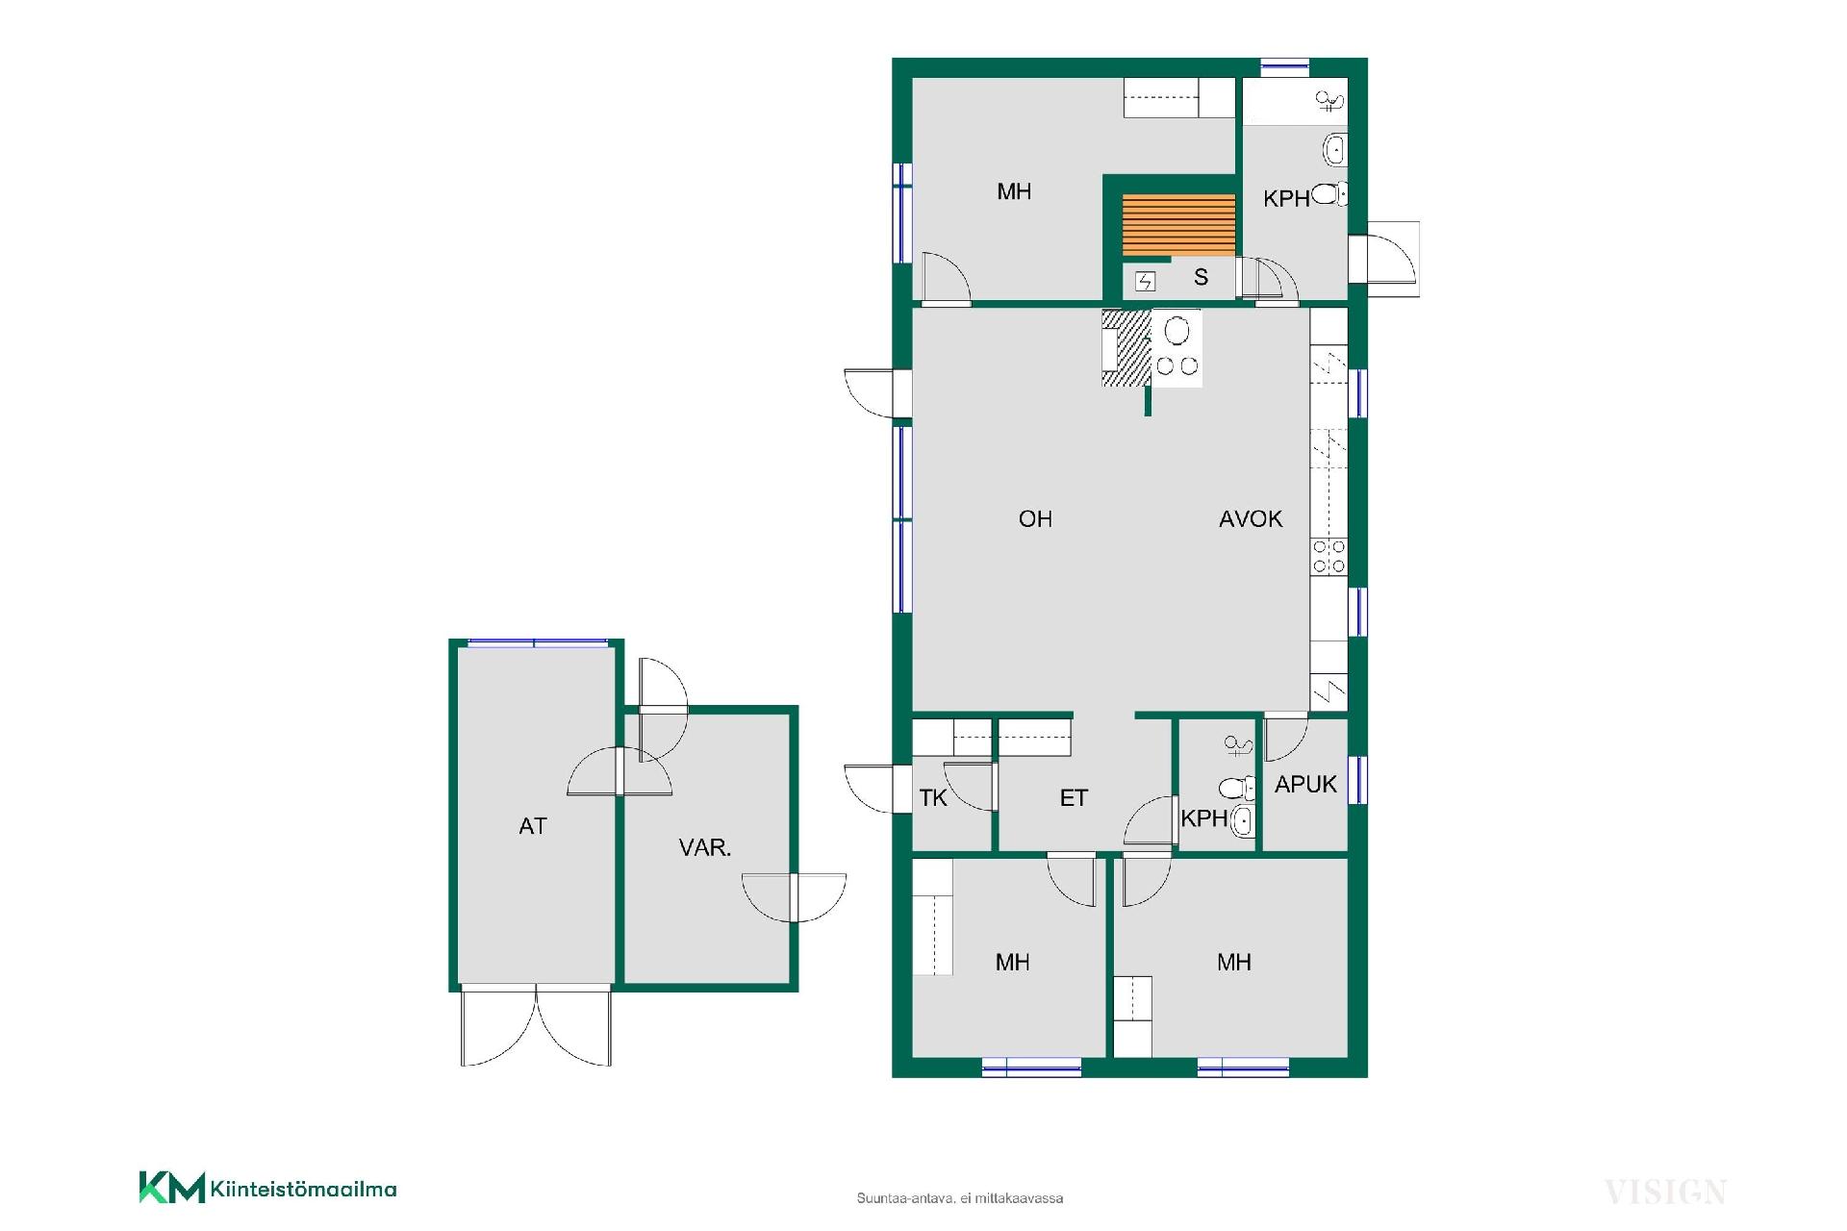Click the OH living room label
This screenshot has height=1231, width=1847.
1035,519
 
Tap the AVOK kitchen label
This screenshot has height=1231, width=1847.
1251,519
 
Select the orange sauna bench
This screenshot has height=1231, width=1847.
1178,226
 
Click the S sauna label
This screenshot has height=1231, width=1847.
1201,277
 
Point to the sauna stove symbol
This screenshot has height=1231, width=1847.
1145,282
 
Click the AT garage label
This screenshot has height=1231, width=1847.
533,826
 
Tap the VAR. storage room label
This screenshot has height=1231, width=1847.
705,847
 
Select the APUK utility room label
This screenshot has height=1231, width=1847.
1305,785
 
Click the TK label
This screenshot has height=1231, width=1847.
933,798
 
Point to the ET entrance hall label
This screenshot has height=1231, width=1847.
1074,798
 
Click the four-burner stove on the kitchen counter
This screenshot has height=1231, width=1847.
1329,557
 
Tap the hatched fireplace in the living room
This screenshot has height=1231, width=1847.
1126,348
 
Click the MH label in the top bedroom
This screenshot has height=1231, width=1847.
1014,191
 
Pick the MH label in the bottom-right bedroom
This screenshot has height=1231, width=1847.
1234,962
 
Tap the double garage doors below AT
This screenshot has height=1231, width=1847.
536,1025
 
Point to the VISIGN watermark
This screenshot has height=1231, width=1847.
1665,1193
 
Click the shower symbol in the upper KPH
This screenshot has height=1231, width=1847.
1329,99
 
